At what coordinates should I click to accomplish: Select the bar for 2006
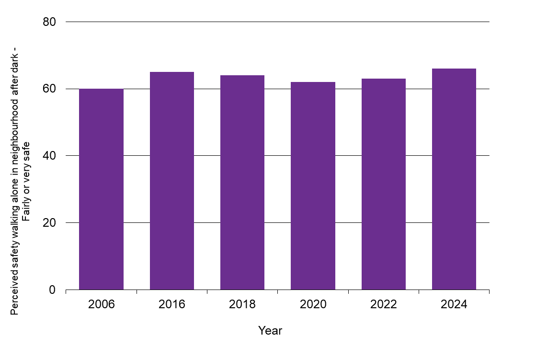(101, 189)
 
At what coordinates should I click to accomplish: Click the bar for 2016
(172, 181)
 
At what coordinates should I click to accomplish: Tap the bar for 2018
(242, 183)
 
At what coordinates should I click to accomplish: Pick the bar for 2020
(313, 186)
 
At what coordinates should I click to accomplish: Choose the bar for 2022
(384, 184)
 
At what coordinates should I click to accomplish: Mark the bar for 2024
(454, 179)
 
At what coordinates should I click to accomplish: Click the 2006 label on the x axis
(101, 305)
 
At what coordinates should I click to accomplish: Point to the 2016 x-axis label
(172, 305)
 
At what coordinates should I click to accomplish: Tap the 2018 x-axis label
(242, 305)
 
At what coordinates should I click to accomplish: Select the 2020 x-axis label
(313, 305)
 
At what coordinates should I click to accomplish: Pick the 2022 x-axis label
(384, 305)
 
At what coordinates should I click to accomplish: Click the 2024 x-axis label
(454, 305)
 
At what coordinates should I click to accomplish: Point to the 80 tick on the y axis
(49, 22)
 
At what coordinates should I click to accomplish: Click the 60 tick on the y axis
(49, 89)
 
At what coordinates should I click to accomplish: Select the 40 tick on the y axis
(49, 156)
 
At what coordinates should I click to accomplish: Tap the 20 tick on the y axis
(49, 223)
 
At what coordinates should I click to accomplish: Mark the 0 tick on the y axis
(53, 290)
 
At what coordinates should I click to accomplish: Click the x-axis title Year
(270, 331)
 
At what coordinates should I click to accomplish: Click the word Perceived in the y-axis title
(14, 298)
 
